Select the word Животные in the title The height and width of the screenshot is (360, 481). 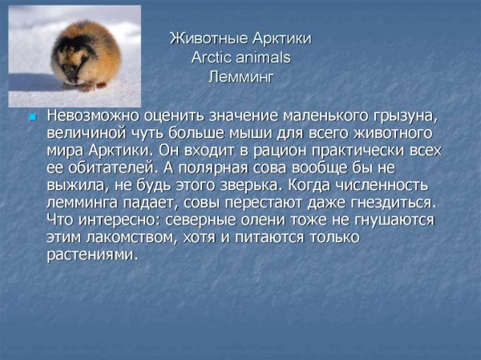point(200,38)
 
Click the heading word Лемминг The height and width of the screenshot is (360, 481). point(240,78)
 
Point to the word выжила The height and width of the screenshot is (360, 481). point(75,184)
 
